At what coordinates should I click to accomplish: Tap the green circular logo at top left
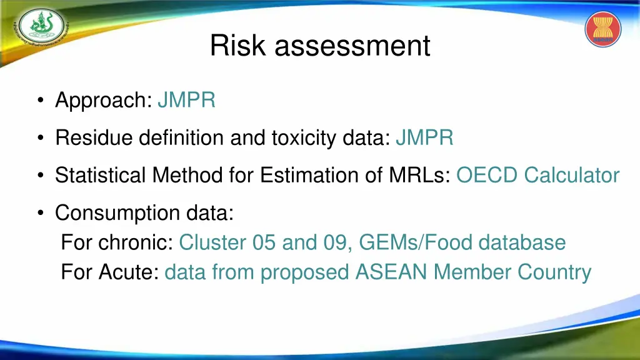click(40, 27)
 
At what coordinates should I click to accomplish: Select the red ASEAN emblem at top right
click(603, 29)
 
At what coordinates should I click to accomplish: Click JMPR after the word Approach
click(187, 100)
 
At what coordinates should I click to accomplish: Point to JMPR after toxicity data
click(424, 137)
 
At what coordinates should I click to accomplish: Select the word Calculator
click(572, 175)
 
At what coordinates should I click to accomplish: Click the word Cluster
click(212, 242)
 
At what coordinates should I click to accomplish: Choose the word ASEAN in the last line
click(392, 272)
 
